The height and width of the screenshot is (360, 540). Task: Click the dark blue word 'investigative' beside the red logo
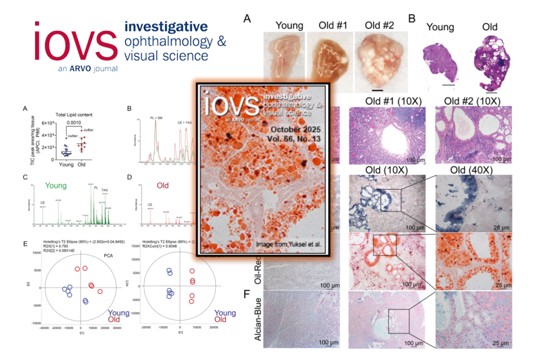pos(166,27)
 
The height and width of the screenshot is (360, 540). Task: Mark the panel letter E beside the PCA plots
pos(25,243)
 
